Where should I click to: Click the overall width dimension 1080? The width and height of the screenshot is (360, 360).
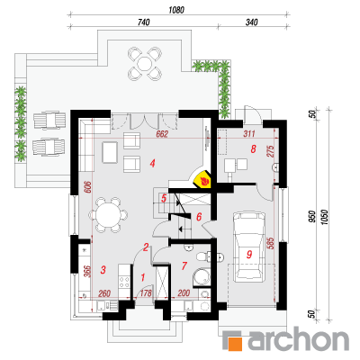coord(176,10)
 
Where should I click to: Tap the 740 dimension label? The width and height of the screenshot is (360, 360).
coord(144,22)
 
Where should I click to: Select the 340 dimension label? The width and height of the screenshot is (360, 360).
coord(252,22)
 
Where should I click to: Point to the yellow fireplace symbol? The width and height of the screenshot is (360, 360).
coord(203,180)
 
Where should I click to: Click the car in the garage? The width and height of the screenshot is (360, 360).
coord(249,245)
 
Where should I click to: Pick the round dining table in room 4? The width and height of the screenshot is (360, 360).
coord(108,215)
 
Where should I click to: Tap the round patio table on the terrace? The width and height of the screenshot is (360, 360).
coord(144,64)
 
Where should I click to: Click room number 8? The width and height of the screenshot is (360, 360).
coord(254,148)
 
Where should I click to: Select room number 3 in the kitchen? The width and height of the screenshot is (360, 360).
coord(103,269)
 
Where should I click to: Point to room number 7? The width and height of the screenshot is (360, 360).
coord(184,265)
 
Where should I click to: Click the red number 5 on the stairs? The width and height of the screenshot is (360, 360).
coord(164,198)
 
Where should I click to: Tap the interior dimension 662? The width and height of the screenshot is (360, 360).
coord(162,134)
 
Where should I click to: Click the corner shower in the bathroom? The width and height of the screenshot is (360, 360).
coord(202,277)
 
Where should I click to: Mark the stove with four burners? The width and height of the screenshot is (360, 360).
coord(125,282)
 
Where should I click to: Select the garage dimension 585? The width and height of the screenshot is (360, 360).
coord(270,244)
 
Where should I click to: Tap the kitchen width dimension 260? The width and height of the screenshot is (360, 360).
coord(104,293)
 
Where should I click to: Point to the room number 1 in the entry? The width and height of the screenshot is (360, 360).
coord(143,277)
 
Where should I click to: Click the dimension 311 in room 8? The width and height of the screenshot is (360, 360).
coord(249,134)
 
